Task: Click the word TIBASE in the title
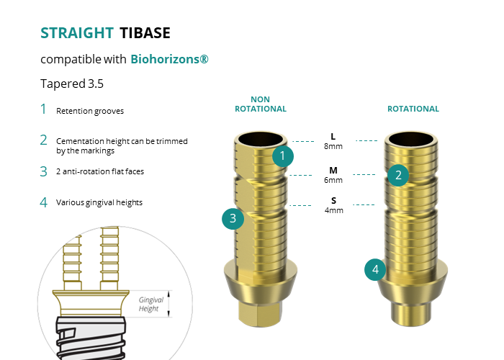(x=145, y=33)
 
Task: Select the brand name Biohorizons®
(x=170, y=59)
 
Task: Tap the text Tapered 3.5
(x=72, y=84)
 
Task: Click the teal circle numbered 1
(x=283, y=156)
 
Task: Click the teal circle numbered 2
(x=398, y=174)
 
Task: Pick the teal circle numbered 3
(x=233, y=219)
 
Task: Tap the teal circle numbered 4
(x=375, y=270)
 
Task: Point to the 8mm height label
(x=333, y=146)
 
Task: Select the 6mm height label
(x=333, y=180)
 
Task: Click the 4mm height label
(x=333, y=210)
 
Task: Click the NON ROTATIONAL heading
(x=260, y=104)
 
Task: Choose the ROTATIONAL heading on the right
(x=413, y=109)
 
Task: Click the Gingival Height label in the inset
(x=149, y=304)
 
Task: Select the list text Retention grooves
(x=90, y=112)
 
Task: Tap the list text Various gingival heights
(x=99, y=203)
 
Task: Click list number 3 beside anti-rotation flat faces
(x=44, y=171)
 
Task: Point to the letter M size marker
(x=333, y=171)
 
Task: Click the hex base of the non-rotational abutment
(x=260, y=311)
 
